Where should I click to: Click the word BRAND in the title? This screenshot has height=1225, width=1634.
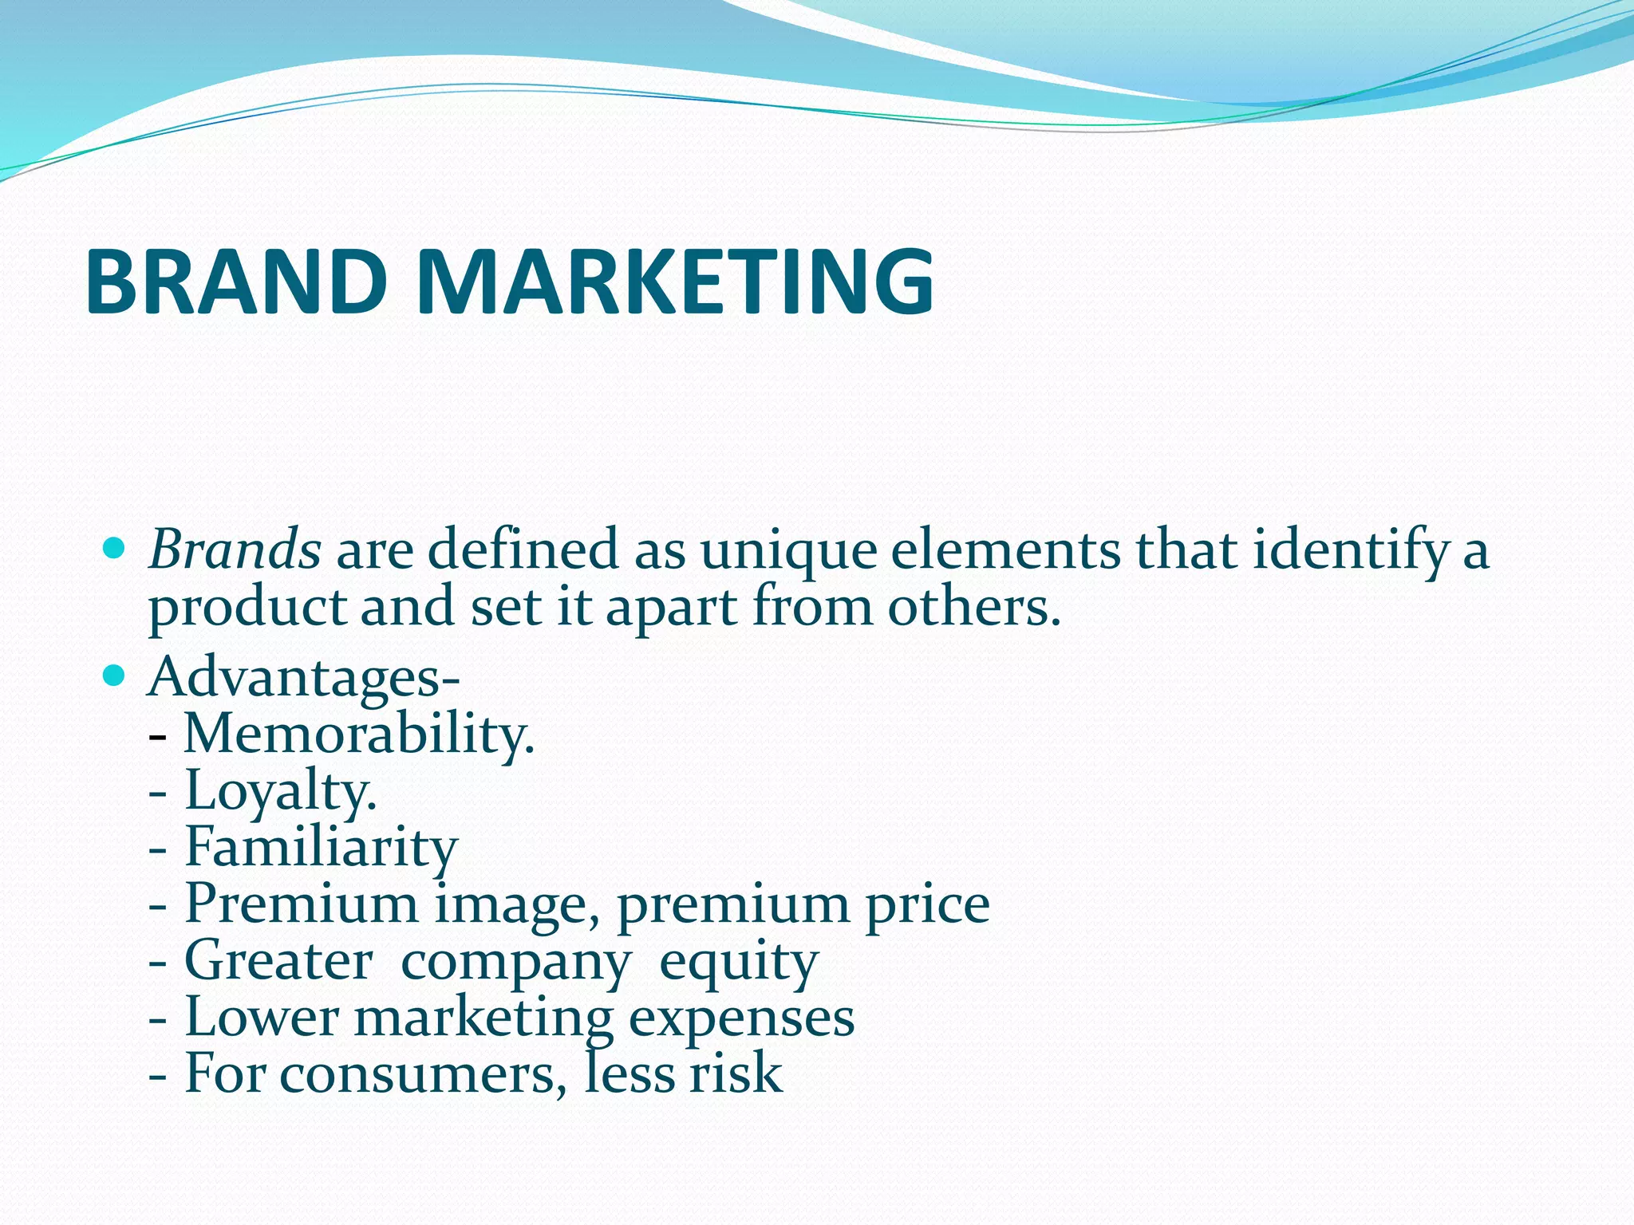coord(236,282)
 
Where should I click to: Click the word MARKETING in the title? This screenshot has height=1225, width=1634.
coord(674,282)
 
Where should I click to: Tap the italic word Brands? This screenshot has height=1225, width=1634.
coord(235,550)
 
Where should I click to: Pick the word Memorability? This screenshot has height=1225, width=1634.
coord(358,734)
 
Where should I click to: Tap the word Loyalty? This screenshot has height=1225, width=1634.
coord(280,791)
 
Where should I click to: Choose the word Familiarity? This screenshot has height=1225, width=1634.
coord(321,847)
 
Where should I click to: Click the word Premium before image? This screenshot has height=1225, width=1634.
coord(302,904)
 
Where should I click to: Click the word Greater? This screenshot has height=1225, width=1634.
coord(278,960)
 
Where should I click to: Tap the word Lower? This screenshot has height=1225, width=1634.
coord(262,1018)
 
